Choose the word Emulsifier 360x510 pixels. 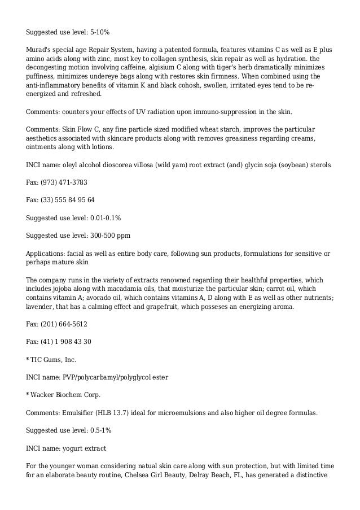tap(80, 413)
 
